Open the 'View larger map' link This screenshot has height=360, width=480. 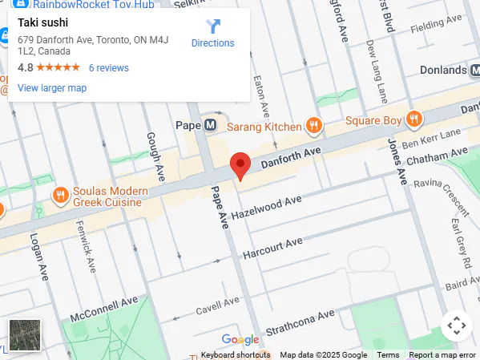(52, 88)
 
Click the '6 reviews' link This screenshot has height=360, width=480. (109, 68)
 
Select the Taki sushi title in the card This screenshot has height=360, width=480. (43, 22)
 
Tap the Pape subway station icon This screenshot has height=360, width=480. (210, 125)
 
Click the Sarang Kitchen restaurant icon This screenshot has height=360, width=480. (314, 125)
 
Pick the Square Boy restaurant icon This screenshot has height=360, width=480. (414, 120)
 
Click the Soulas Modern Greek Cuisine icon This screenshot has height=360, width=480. (60, 195)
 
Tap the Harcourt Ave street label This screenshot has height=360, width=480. (272, 247)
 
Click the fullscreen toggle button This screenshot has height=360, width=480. (456, 326)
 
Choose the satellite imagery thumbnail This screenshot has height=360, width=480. (25, 334)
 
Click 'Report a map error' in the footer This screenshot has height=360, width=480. (442, 355)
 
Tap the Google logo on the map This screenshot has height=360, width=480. (240, 339)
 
